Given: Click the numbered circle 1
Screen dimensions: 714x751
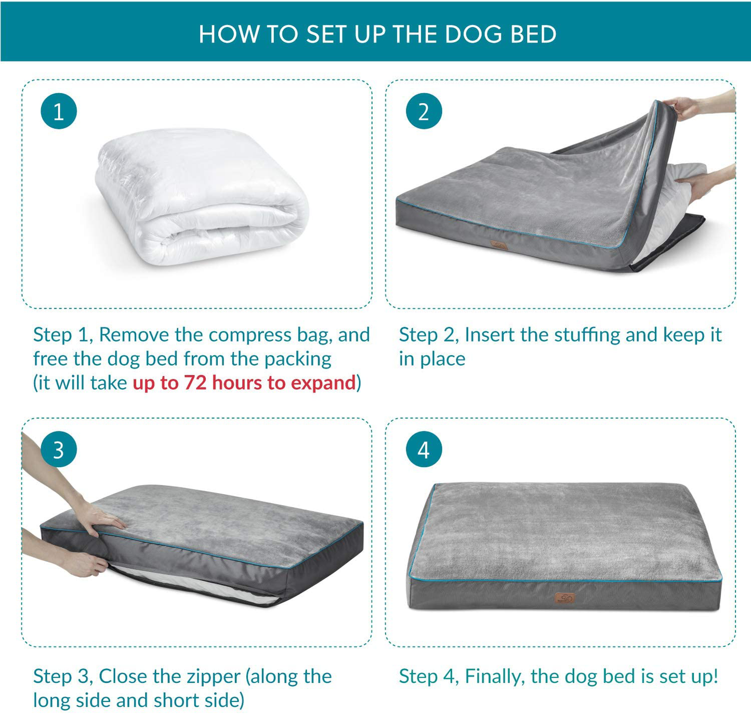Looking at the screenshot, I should click(59, 111).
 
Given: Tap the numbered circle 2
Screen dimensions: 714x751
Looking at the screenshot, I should click(424, 111).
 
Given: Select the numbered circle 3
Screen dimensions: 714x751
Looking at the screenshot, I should click(59, 449).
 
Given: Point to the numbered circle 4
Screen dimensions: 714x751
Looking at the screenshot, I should click(424, 449).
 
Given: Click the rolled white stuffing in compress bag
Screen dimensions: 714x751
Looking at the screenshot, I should click(203, 197).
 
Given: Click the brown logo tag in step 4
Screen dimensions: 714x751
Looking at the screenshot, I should click(564, 598).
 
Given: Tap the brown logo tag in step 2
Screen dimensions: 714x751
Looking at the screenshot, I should click(499, 245).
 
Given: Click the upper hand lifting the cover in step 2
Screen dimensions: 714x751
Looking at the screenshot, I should click(686, 107).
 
